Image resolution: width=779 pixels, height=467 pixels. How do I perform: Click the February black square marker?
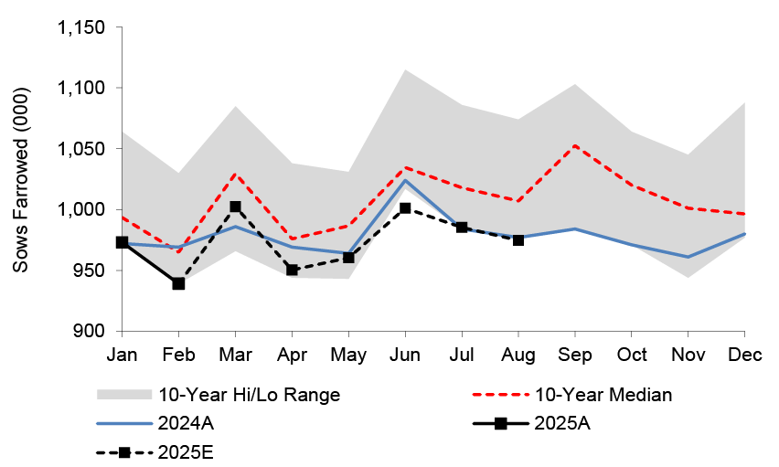coord(178,283)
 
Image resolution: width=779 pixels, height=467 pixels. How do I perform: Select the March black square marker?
coord(235,207)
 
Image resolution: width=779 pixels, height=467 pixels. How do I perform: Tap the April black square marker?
coord(292,270)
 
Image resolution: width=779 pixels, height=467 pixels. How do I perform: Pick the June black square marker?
coord(405,208)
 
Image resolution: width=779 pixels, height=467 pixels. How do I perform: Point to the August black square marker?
coord(518,239)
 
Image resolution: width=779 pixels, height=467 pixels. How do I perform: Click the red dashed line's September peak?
coord(575,145)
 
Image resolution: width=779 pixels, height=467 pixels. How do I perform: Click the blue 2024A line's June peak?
coord(405,180)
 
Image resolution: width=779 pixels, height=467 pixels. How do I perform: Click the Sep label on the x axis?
coord(575,354)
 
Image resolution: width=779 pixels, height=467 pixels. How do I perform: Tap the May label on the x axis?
coord(348,354)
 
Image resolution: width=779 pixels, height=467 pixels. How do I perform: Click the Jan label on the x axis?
coord(122,354)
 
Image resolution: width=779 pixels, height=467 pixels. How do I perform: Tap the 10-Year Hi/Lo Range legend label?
coord(249,395)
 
